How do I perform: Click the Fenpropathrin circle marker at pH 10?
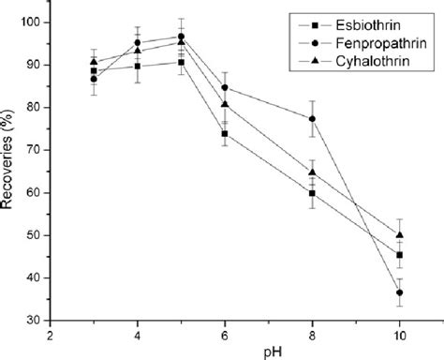(400, 292)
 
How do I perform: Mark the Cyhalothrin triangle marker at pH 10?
(400, 234)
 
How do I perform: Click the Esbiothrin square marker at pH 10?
(400, 255)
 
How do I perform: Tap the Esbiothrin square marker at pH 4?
(138, 66)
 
